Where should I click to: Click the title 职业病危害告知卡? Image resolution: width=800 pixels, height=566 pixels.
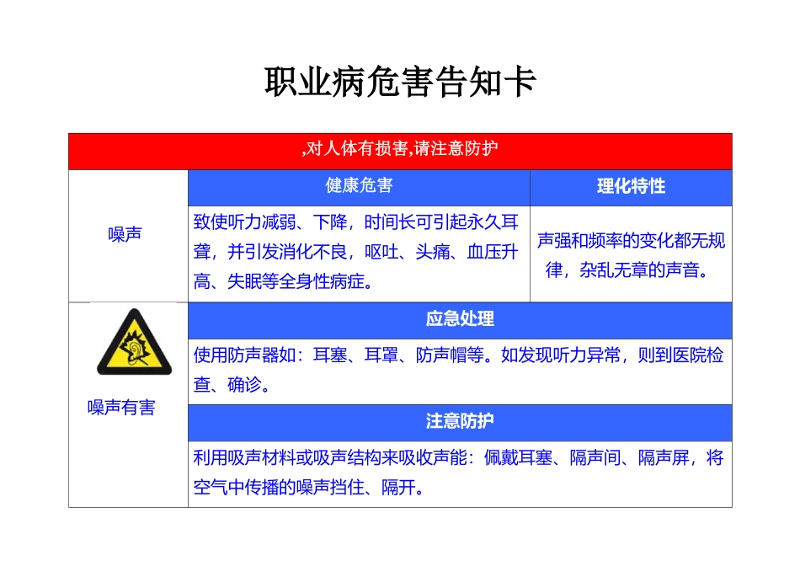click(x=400, y=83)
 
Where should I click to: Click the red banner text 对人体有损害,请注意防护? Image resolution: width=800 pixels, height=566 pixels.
click(x=400, y=150)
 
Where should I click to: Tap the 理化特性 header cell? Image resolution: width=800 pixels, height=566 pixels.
click(x=631, y=187)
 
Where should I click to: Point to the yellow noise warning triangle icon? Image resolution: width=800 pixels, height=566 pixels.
click(x=134, y=343)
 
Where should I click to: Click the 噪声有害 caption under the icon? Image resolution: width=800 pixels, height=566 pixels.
click(x=122, y=408)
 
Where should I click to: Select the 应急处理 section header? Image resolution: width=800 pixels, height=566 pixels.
click(x=460, y=319)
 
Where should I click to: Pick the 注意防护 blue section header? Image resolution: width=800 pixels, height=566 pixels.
click(x=460, y=421)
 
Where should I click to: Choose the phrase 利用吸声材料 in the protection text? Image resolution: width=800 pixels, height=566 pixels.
click(x=236, y=458)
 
